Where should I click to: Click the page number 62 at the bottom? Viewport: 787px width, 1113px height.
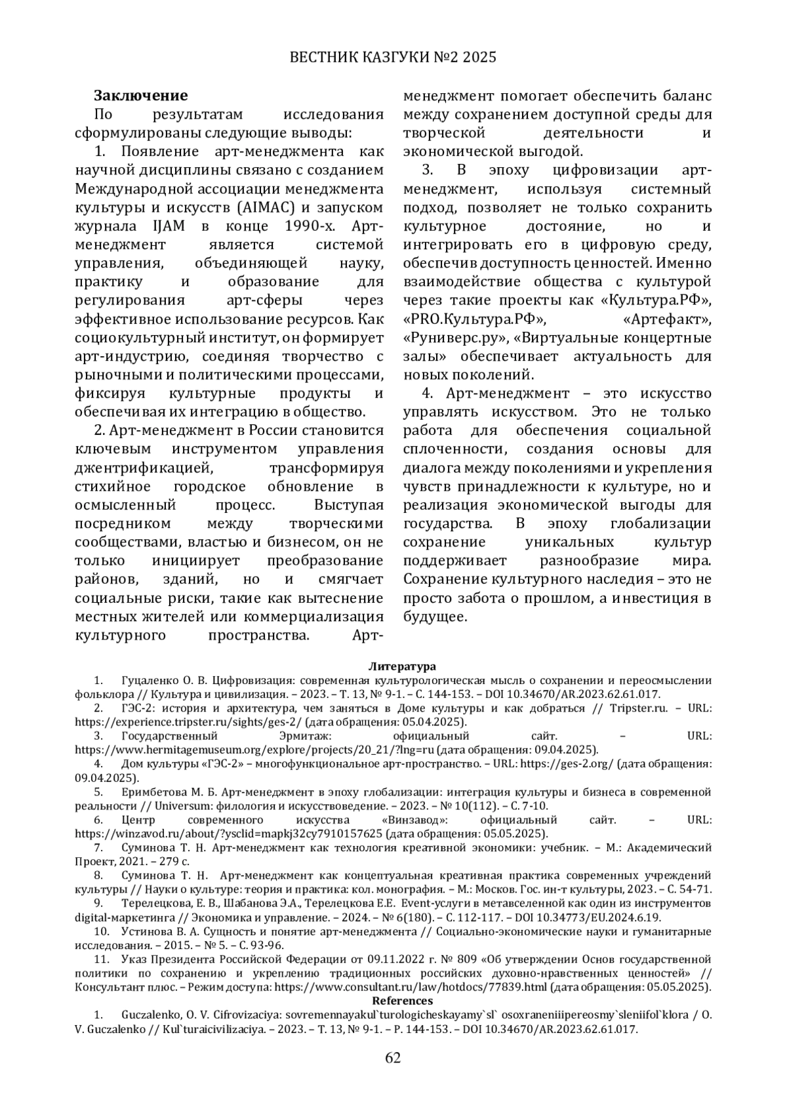[x=393, y=1057]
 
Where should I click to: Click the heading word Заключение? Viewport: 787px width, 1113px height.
[x=140, y=96]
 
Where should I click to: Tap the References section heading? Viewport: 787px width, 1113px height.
[x=402, y=1000]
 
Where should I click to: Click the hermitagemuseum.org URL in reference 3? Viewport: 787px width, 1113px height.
[x=255, y=750]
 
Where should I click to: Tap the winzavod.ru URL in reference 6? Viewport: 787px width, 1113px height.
[x=228, y=834]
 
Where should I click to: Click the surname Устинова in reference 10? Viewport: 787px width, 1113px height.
[x=144, y=931]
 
